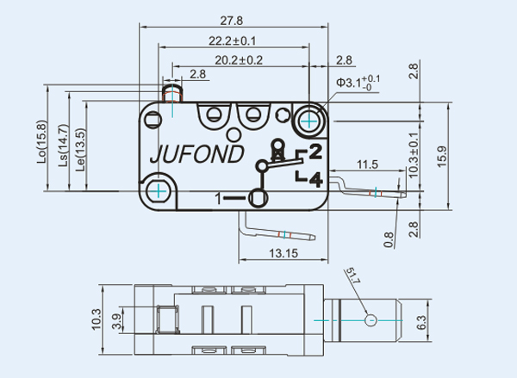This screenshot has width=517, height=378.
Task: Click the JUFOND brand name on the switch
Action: [199, 157]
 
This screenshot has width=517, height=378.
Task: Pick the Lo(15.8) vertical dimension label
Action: [40, 141]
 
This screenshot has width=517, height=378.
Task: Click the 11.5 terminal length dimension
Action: [368, 164]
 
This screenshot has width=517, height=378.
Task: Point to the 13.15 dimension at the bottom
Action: [283, 253]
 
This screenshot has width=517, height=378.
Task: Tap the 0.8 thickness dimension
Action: [389, 237]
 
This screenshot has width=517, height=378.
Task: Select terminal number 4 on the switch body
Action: [315, 179]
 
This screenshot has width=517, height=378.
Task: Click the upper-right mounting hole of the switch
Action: [309, 120]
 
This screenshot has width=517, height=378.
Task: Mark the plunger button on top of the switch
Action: [172, 90]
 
